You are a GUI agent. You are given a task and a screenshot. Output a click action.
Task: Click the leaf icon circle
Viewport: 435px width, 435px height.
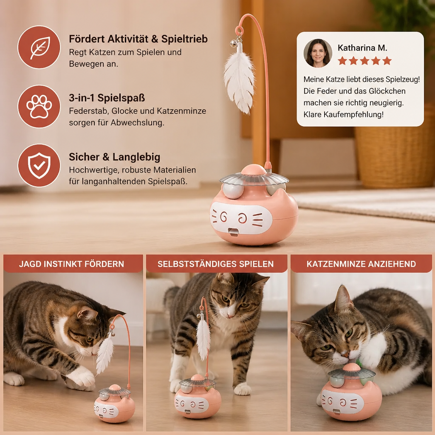[39, 47]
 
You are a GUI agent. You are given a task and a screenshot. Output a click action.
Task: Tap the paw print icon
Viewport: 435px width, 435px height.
[39, 107]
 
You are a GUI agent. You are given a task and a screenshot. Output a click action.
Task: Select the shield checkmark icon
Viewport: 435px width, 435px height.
[39, 165]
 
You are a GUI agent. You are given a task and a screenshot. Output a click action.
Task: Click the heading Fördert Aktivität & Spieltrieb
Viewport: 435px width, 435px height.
[138, 39]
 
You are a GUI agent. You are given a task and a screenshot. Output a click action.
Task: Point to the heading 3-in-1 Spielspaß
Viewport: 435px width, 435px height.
[107, 98]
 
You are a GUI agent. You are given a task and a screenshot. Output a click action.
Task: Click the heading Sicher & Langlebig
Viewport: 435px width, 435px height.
[114, 157]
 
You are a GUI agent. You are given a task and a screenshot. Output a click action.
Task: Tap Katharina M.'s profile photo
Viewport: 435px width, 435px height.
[318, 53]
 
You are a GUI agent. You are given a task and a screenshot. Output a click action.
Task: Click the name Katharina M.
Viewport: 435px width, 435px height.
[362, 48]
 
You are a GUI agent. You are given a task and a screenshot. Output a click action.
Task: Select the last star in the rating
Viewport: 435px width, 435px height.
[387, 61]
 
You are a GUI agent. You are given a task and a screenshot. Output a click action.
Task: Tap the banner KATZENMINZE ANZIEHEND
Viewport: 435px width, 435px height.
[361, 263]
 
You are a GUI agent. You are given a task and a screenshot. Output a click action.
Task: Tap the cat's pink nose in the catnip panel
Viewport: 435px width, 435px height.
[345, 354]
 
